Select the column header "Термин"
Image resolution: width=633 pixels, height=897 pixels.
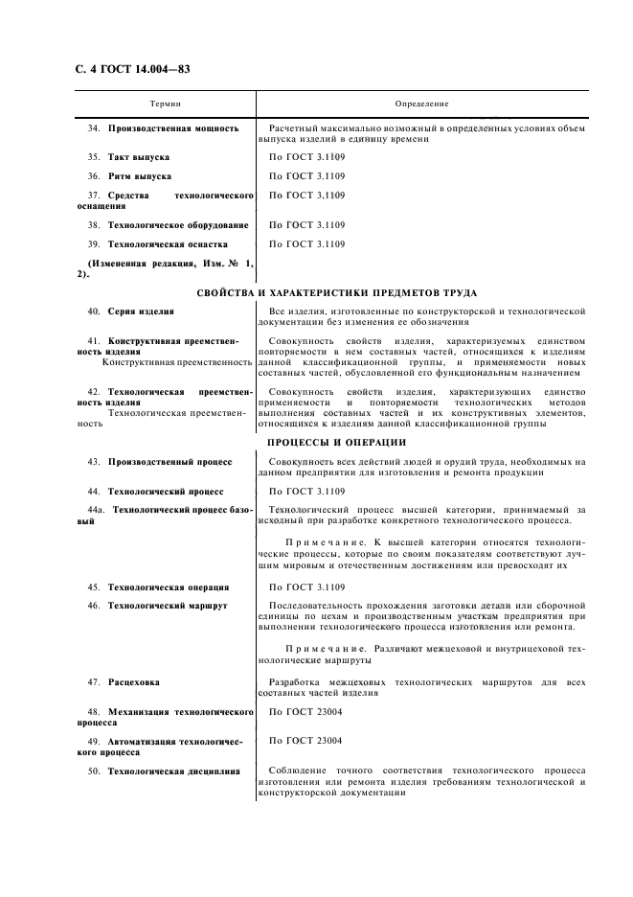[x=165, y=103]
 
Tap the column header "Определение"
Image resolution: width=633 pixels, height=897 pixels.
[x=421, y=103]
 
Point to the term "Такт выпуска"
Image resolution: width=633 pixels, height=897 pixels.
[x=139, y=156]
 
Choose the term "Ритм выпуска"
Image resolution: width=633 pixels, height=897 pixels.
[x=140, y=176]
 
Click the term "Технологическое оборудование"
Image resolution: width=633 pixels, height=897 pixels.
[x=178, y=225]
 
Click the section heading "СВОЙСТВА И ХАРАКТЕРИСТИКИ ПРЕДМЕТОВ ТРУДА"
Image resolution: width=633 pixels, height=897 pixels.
[x=336, y=292]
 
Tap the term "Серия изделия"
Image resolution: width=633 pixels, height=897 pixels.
[x=141, y=312]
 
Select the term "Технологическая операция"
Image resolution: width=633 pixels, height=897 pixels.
[x=168, y=586]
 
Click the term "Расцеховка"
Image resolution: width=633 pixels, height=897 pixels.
[x=134, y=682]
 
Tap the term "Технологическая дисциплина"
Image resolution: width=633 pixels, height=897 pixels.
[x=173, y=771]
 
